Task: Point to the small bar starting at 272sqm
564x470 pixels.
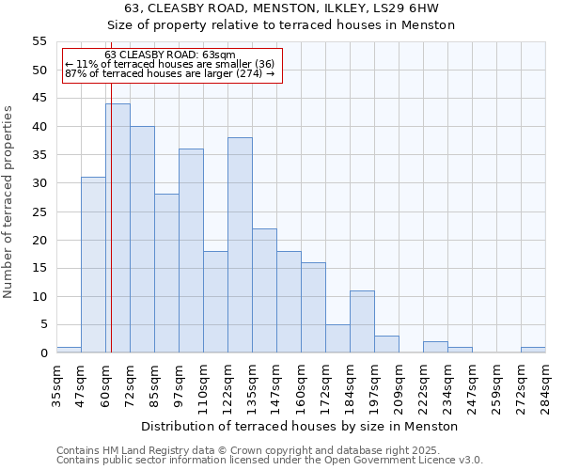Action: click(x=533, y=350)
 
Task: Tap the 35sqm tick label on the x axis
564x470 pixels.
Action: click(x=56, y=384)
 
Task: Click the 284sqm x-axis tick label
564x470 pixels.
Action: click(x=545, y=384)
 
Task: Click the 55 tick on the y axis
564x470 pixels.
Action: click(x=39, y=41)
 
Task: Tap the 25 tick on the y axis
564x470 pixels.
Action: click(x=39, y=211)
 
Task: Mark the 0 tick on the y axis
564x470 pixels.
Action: click(x=43, y=353)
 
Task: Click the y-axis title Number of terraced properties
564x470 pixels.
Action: click(x=9, y=202)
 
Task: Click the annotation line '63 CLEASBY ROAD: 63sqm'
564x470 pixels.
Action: click(x=170, y=55)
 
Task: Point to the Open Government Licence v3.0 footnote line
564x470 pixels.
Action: click(x=270, y=461)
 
